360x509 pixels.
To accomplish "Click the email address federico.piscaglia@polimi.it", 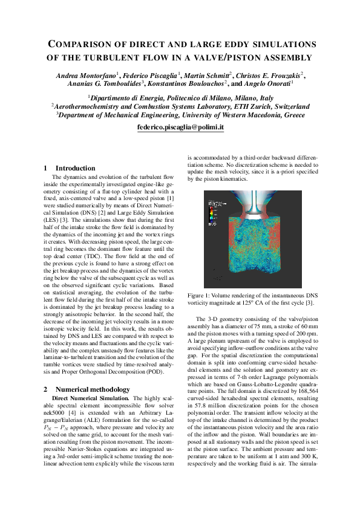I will tap(180, 128).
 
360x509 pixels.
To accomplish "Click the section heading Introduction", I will tap(75, 168).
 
